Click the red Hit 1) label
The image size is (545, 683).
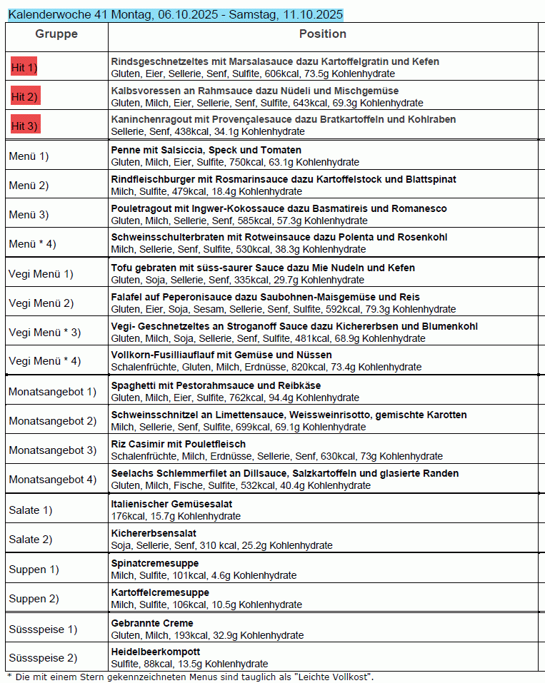pyautogui.click(x=24, y=67)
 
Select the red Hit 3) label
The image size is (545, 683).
pyautogui.click(x=24, y=126)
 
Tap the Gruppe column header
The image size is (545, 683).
pyautogui.click(x=56, y=34)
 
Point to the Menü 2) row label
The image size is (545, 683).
pyautogui.click(x=29, y=186)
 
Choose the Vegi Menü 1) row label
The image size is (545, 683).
pyautogui.click(x=41, y=273)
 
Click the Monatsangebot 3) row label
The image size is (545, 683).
pyautogui.click(x=52, y=450)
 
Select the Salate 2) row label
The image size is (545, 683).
pyautogui.click(x=30, y=539)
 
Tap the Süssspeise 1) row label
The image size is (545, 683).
pyautogui.click(x=43, y=629)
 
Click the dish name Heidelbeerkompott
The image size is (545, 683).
pyautogui.click(x=156, y=652)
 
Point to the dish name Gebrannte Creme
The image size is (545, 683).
pyautogui.click(x=152, y=623)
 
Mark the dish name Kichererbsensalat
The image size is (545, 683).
pyautogui.click(x=154, y=533)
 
